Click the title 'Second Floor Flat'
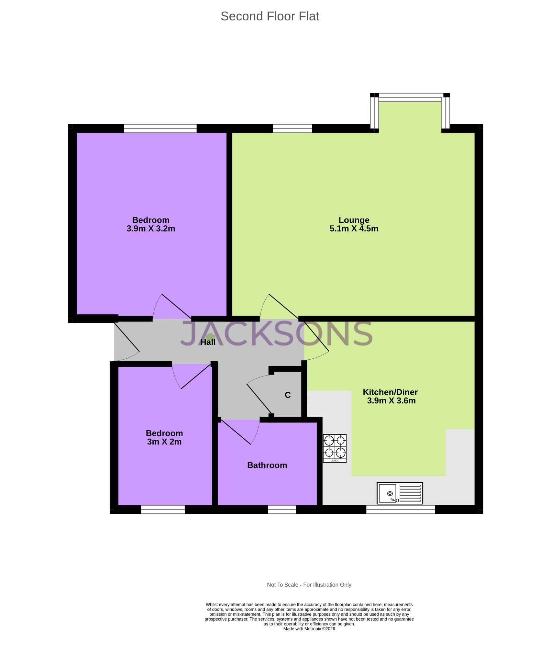[270, 16]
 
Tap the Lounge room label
[354, 220]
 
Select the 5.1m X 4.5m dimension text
[354, 229]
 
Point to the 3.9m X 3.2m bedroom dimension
[151, 229]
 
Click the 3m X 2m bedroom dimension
[164, 442]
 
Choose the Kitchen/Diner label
[390, 392]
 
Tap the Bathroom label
[267, 465]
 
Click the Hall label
[208, 342]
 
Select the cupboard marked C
[288, 395]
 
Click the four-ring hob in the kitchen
[335, 448]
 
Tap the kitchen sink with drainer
[400, 493]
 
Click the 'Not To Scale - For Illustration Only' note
[309, 585]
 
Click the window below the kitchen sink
[400, 509]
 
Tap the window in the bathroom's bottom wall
[282, 509]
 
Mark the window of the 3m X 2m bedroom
[163, 509]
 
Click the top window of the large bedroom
[160, 128]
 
